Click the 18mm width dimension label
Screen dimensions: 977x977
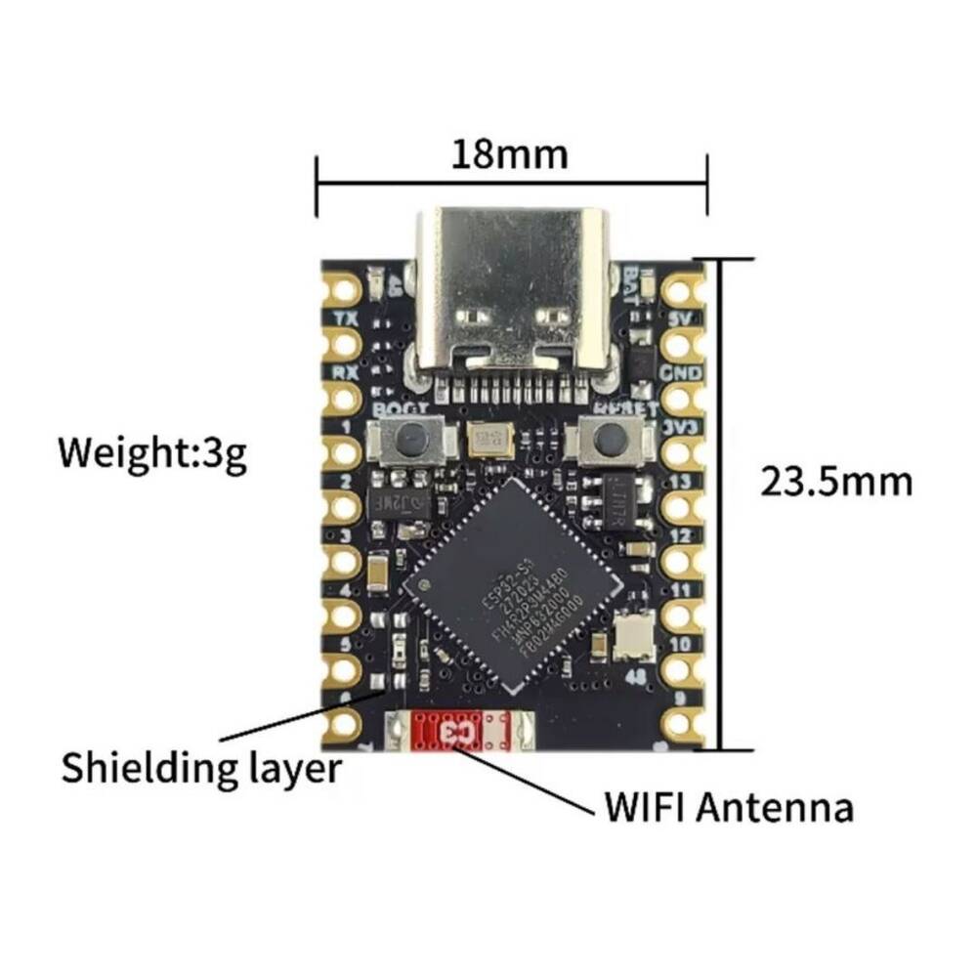click(x=509, y=153)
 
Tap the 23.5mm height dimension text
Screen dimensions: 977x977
click(x=835, y=482)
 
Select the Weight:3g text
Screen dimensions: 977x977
click(x=151, y=454)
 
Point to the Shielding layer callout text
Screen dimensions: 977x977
click(x=201, y=767)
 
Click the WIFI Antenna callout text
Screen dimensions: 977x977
click(x=729, y=808)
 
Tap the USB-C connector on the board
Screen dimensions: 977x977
click(x=515, y=293)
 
